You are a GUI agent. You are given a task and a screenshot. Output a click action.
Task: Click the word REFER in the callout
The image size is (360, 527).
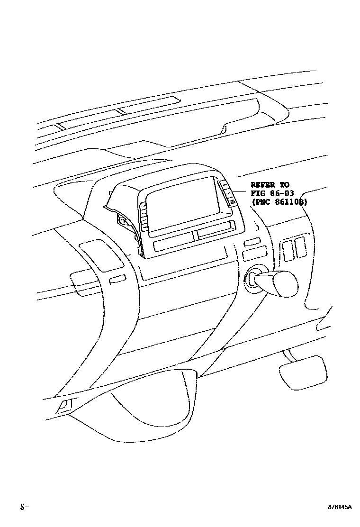pyautogui.click(x=262, y=184)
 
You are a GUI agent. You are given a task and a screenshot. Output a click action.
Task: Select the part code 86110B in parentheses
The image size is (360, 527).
pyautogui.click(x=291, y=201)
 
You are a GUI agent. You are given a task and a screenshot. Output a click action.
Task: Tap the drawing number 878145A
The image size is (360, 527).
pyautogui.click(x=340, y=507)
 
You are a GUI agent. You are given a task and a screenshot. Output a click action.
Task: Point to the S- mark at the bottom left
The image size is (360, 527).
pyautogui.click(x=24, y=507)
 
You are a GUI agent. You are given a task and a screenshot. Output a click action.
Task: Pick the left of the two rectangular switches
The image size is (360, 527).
pyautogui.click(x=287, y=249)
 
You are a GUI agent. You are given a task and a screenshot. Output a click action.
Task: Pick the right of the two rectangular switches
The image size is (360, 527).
pyautogui.click(x=299, y=248)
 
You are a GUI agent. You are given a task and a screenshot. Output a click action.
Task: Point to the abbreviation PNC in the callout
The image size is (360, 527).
pyautogui.click(x=262, y=201)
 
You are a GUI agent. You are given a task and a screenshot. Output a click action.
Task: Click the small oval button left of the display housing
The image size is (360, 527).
pyautogui.click(x=117, y=280)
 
